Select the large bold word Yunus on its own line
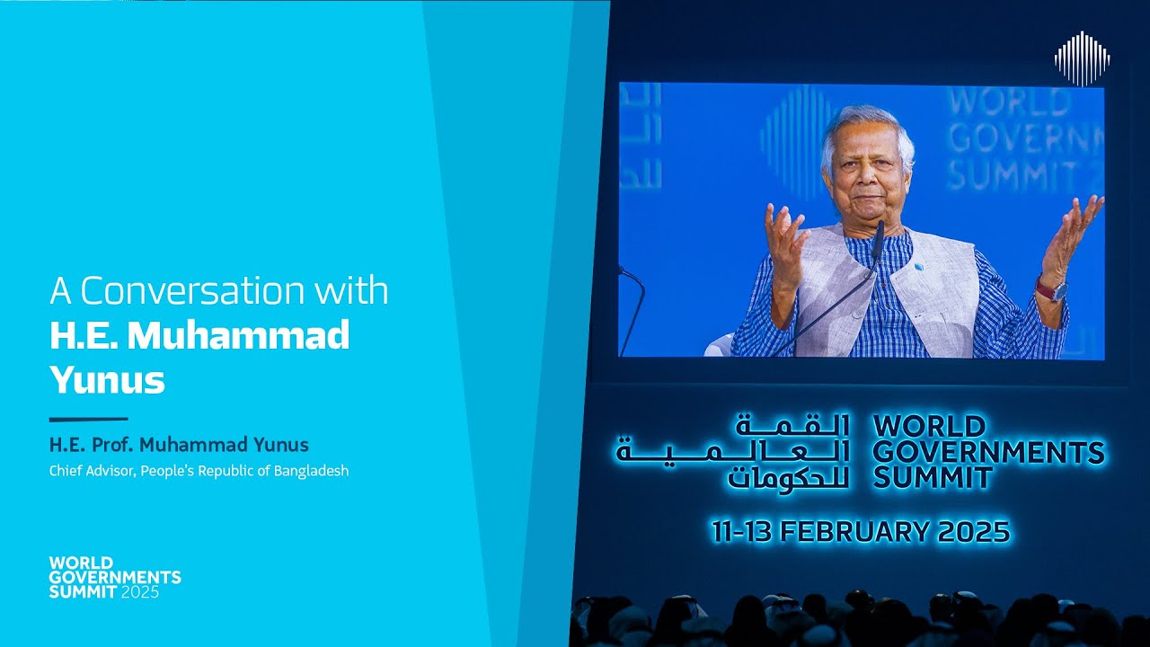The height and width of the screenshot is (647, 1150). (x=107, y=380)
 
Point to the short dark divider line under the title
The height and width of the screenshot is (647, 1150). (x=88, y=419)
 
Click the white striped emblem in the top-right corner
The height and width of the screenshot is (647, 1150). (x=1082, y=58)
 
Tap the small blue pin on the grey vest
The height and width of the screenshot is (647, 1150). (x=919, y=267)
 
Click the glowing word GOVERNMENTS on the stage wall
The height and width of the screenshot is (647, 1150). (x=988, y=452)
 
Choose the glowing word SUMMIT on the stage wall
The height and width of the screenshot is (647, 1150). (x=933, y=478)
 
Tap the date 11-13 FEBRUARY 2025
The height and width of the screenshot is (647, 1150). (x=861, y=531)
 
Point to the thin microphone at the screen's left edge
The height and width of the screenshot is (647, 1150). (x=634, y=306)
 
